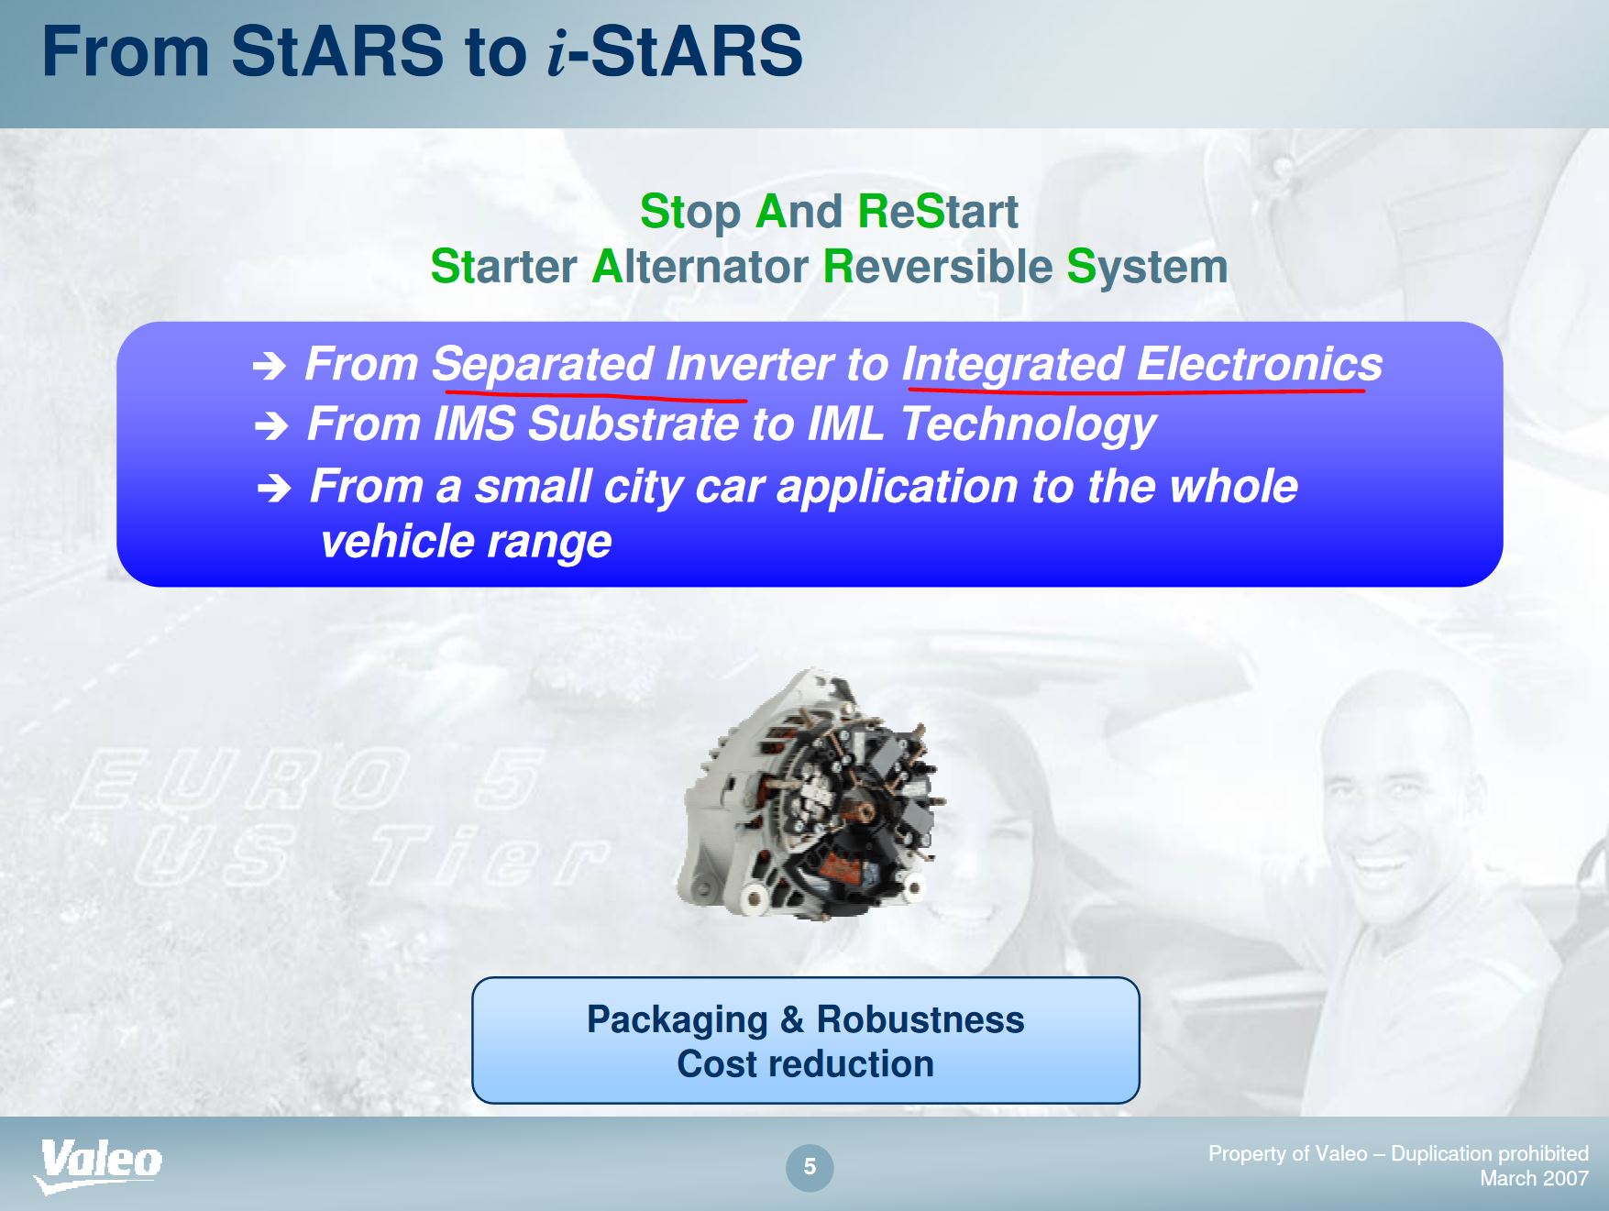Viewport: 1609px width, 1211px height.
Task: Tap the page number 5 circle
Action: [x=810, y=1167]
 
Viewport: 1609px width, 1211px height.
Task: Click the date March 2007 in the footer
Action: [x=1534, y=1178]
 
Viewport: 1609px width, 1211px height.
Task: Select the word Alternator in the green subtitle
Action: [x=700, y=267]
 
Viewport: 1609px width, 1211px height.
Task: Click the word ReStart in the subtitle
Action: [x=938, y=212]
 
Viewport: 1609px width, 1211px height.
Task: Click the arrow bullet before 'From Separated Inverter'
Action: [x=270, y=368]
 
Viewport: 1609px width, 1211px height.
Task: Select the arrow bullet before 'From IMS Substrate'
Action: [x=271, y=425]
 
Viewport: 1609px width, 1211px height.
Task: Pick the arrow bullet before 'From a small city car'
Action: [x=274, y=489]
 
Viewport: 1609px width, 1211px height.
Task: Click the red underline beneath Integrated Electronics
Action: [x=1136, y=391]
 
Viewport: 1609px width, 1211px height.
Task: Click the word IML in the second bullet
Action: [x=846, y=424]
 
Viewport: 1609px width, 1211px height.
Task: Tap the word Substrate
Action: [x=634, y=424]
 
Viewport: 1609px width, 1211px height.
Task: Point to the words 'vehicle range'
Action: [x=466, y=542]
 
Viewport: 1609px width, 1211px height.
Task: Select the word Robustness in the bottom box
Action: [x=920, y=1019]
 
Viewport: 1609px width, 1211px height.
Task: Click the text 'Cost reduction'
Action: [x=806, y=1064]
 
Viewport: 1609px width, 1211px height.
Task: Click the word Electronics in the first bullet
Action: [x=1260, y=364]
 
